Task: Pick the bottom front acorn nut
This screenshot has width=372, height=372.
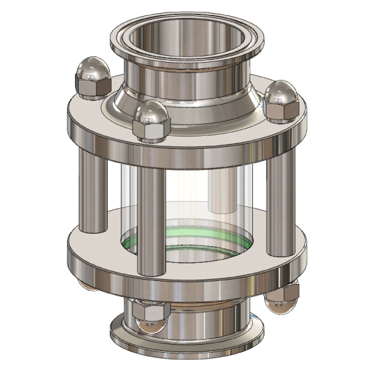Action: click(x=149, y=316)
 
